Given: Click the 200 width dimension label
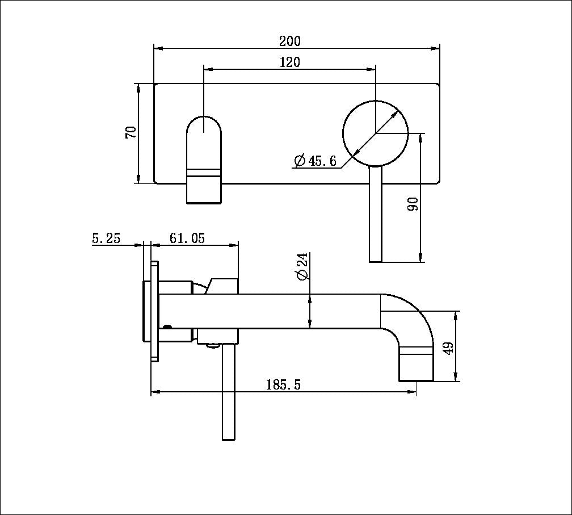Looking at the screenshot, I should (290, 41).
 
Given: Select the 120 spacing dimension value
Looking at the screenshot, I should (290, 62).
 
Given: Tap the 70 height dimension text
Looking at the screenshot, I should (131, 133).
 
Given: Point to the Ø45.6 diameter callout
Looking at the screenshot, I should (316, 161).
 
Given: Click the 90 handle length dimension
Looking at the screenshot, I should (413, 204).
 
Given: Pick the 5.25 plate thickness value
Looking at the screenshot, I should (106, 238).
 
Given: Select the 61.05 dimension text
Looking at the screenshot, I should (187, 238).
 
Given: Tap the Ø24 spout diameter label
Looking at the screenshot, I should (301, 266).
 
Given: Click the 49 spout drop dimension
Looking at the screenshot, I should (448, 347).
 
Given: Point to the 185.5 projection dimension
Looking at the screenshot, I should (284, 385).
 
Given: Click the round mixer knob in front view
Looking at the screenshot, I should (375, 133).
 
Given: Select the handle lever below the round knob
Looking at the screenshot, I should (376, 216).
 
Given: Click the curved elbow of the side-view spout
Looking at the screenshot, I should (411, 318).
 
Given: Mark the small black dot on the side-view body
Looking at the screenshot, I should (167, 327).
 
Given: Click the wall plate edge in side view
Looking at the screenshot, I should (154, 311).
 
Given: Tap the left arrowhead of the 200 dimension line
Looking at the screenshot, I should (157, 49).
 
